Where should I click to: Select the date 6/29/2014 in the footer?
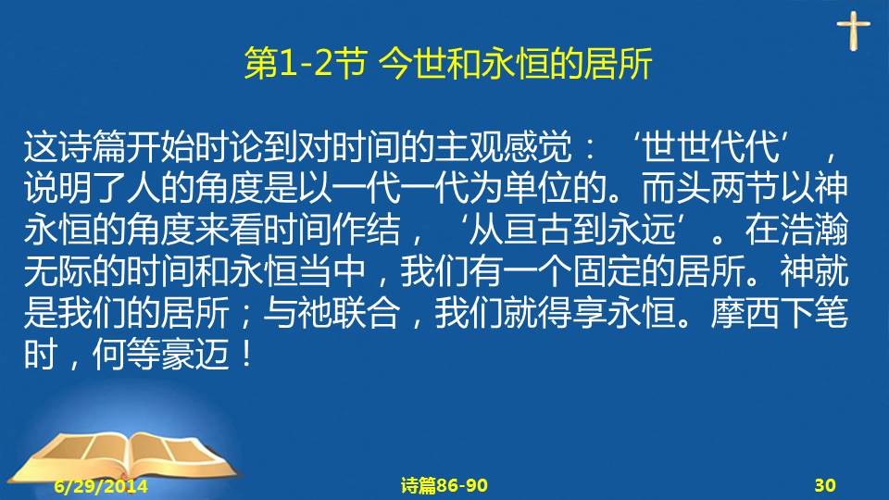click(x=101, y=486)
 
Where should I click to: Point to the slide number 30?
click(x=825, y=485)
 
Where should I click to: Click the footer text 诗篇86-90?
click(x=444, y=485)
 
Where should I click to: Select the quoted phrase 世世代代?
click(x=710, y=147)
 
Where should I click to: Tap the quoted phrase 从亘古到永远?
click(x=572, y=230)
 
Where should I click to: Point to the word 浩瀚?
click(x=814, y=230)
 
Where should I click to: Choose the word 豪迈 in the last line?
click(x=195, y=355)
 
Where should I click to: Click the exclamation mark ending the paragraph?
click(x=246, y=355)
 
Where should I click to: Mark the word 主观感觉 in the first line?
click(x=504, y=147)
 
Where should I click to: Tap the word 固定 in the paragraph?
click(x=607, y=271)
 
